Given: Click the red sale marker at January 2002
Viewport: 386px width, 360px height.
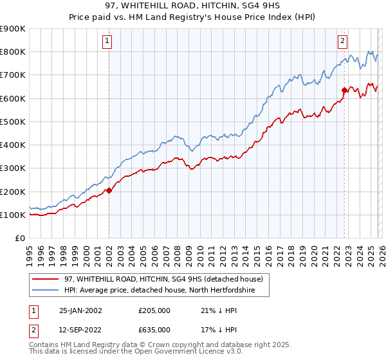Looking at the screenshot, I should [x=109, y=190].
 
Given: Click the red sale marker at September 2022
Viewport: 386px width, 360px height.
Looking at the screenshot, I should [x=344, y=90].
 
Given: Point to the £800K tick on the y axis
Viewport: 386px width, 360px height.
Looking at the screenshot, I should [x=13, y=51].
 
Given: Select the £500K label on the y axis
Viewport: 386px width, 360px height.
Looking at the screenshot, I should [x=13, y=122].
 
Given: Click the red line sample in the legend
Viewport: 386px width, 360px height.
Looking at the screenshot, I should [x=45, y=279].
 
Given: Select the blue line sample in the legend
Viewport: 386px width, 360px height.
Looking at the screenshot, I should [x=45, y=290].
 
